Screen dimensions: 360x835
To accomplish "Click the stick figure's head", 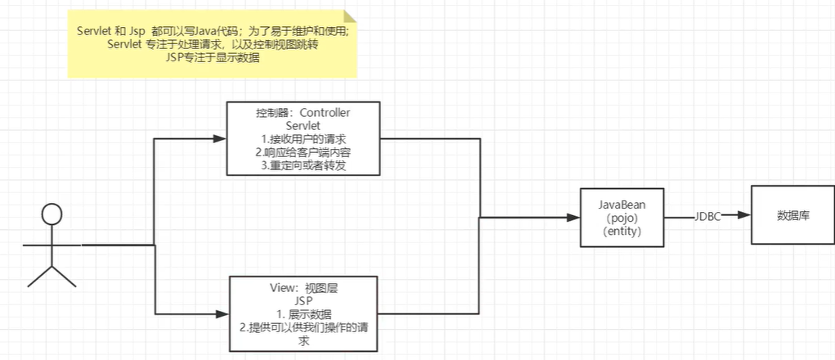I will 52,216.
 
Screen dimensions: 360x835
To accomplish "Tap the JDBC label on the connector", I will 708,216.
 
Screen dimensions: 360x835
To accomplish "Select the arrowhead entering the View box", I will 222,313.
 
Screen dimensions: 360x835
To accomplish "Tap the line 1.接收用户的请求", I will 303,139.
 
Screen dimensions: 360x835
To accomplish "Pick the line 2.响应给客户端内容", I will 303,152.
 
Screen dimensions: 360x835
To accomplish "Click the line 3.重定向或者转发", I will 303,165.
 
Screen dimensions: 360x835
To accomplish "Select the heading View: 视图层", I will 303,287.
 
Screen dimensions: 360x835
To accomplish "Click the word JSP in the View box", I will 303,300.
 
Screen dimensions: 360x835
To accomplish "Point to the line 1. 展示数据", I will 303,314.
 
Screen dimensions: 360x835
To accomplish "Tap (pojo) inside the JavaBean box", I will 622,218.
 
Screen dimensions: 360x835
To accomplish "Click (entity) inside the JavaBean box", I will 622,232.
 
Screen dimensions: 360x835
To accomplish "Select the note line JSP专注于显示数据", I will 213,58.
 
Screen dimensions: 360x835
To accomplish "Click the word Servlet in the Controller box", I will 303,125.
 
